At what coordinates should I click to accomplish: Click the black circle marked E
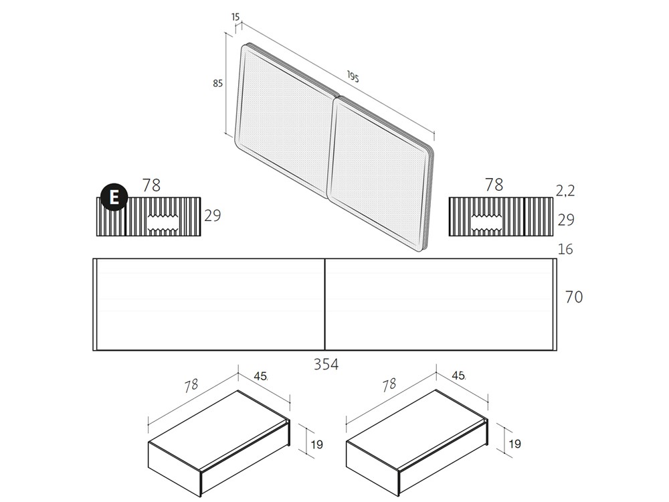pyautogui.click(x=114, y=197)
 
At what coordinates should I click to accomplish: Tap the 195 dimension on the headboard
pyautogui.click(x=353, y=77)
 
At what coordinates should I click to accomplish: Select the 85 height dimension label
pyautogui.click(x=217, y=84)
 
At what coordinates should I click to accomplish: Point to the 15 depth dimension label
pyautogui.click(x=235, y=17)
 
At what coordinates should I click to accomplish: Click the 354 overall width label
pyautogui.click(x=326, y=365)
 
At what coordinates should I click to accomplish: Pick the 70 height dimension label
pyautogui.click(x=573, y=297)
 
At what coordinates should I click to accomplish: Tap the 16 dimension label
pyautogui.click(x=565, y=250)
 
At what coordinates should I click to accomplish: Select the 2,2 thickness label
pyautogui.click(x=565, y=191)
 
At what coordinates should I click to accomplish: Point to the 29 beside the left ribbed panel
pyautogui.click(x=212, y=216)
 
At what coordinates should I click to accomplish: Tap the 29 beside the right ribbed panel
pyautogui.click(x=565, y=220)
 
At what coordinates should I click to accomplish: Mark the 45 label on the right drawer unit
pyautogui.click(x=458, y=376)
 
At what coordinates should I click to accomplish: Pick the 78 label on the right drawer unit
pyautogui.click(x=389, y=386)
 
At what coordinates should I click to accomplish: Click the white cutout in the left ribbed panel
pyautogui.click(x=165, y=224)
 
